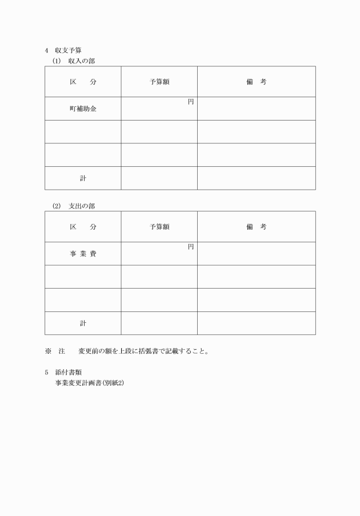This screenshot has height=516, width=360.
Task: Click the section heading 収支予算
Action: (68, 50)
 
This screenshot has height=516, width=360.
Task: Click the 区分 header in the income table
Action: (83, 82)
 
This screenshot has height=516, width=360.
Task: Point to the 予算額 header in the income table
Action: (159, 82)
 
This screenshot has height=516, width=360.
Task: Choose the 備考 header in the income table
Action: (257, 82)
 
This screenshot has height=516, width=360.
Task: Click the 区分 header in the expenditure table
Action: (83, 227)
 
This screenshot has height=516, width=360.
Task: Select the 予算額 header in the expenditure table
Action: (159, 227)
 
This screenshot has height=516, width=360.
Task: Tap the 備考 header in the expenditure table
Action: (257, 227)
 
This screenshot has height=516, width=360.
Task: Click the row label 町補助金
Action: (83, 109)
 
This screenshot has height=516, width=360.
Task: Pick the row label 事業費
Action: (83, 254)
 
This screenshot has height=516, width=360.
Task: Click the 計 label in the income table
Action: (83, 178)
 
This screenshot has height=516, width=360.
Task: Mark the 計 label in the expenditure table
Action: (83, 323)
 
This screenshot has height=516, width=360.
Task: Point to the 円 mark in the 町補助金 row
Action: (191, 102)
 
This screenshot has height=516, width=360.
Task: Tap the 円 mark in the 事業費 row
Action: (191, 247)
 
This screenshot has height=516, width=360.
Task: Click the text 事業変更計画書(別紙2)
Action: (89, 382)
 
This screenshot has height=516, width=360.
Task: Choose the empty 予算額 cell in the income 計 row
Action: (159, 178)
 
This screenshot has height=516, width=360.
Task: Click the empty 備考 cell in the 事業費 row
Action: (257, 254)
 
